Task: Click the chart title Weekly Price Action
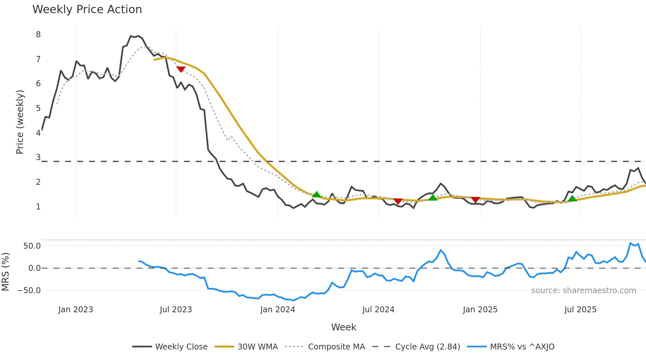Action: [x=87, y=10]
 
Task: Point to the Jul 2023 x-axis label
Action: [x=176, y=310]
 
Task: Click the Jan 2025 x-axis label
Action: [x=480, y=310]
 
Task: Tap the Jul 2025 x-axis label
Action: [x=580, y=310]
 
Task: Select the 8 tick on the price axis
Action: [x=38, y=35]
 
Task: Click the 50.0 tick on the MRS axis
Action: [x=32, y=246]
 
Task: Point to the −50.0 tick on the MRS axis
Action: [x=29, y=291]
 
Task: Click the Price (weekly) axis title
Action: [x=20, y=122]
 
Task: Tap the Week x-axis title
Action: [x=343, y=327]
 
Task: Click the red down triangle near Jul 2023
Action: [x=181, y=69]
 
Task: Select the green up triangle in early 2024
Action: [x=316, y=195]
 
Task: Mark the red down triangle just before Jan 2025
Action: [x=475, y=200]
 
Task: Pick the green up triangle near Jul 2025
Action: [x=573, y=198]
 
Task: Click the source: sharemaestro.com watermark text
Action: [x=583, y=291]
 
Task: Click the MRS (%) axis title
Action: [x=5, y=272]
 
